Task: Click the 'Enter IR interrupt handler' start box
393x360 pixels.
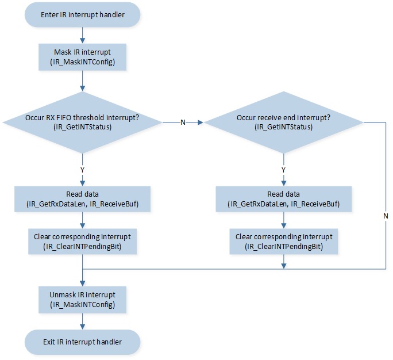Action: [x=82, y=14]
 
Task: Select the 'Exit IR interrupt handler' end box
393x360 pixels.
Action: [x=82, y=342]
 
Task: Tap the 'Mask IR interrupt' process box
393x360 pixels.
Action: [x=82, y=57]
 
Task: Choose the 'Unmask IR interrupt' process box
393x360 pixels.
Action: [x=82, y=300]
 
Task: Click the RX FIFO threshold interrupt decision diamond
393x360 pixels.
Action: [x=82, y=122]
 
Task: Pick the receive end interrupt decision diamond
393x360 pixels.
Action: [x=283, y=122]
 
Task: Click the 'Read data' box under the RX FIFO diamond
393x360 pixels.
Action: [x=82, y=199]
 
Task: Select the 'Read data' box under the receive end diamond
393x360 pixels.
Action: [x=283, y=199]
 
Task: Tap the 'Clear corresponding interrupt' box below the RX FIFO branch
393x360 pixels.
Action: [x=82, y=242]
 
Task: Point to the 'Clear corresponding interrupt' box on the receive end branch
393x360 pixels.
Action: [x=283, y=242]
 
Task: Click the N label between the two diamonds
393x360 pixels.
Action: [x=183, y=122]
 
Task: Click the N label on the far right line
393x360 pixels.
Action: [x=386, y=216]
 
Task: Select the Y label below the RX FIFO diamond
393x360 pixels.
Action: [x=82, y=170]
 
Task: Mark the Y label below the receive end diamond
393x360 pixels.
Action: [x=283, y=170]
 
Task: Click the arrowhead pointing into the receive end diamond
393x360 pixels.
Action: [x=201, y=122]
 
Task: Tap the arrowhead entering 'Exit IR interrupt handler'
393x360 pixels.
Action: [x=82, y=327]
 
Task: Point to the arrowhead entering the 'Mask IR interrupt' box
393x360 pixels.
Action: [x=82, y=41]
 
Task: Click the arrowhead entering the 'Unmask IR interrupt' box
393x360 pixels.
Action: [x=82, y=284]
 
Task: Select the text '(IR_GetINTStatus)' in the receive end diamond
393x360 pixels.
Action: [x=283, y=127]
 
